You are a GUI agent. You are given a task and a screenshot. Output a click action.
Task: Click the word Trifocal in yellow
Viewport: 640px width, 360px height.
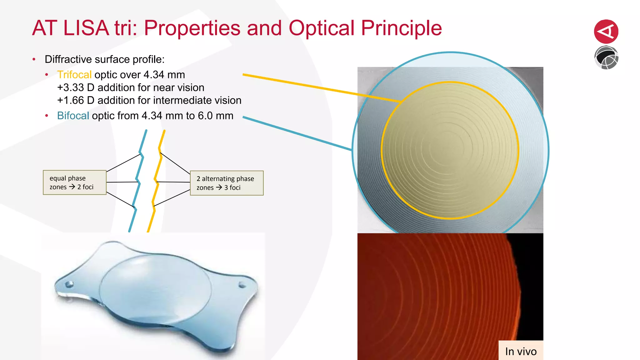pos(74,75)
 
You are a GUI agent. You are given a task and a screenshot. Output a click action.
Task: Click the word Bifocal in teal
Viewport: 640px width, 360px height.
pos(73,116)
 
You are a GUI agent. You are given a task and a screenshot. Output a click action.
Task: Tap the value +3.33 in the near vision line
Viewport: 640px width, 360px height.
pos(71,88)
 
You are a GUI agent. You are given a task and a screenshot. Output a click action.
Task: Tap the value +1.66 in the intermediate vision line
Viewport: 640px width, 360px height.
pos(71,101)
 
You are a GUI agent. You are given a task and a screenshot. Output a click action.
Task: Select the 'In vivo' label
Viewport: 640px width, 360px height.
pos(521,351)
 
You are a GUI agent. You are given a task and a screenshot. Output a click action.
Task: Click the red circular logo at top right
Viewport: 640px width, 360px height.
pos(606,32)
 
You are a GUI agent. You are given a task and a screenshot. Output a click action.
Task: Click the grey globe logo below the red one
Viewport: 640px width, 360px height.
pos(606,58)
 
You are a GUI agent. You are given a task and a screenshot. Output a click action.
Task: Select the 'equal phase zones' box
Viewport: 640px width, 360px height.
pos(75,182)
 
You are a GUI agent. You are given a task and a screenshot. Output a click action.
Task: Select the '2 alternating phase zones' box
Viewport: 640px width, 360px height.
pos(227,183)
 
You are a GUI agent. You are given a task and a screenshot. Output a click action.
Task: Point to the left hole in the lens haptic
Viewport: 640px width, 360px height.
pos(69,284)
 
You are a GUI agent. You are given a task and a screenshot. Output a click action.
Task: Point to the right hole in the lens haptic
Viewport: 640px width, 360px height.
pos(242,285)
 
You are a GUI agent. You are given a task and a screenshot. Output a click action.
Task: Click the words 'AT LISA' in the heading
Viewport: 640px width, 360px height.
pos(70,28)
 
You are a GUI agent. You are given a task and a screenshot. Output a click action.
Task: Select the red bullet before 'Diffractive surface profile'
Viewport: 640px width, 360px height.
pos(34,59)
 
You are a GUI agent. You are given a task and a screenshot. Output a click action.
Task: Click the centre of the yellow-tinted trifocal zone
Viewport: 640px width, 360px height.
pos(450,150)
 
